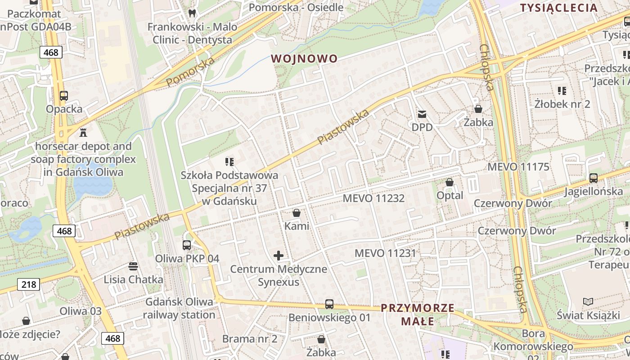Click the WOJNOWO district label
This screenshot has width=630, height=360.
point(304,58)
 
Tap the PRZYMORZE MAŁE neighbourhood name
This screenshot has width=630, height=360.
point(418,314)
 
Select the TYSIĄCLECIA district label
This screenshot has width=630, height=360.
point(558,8)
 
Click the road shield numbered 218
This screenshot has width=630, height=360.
point(29,284)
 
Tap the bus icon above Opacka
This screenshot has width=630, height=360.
point(64,96)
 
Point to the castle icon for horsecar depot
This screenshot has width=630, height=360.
point(83,132)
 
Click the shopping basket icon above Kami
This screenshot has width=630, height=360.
point(297,212)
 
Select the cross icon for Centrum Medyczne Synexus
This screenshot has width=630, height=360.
point(279,256)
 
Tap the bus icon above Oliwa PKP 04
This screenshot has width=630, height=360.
point(187,245)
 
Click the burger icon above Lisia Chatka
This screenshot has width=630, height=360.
point(133,266)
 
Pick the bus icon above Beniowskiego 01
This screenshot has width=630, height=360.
point(329,304)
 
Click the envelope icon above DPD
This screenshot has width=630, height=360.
point(422,114)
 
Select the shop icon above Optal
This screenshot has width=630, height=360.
point(449,182)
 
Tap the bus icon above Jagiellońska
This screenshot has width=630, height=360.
point(594,178)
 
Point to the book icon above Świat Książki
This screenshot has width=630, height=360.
point(588,301)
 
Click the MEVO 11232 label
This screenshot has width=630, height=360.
point(373,198)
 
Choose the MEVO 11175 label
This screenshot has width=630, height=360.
point(518,167)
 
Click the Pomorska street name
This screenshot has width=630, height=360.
point(190,72)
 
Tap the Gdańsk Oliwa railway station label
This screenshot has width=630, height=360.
point(180,308)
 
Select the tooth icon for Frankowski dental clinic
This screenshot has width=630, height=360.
point(193,13)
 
